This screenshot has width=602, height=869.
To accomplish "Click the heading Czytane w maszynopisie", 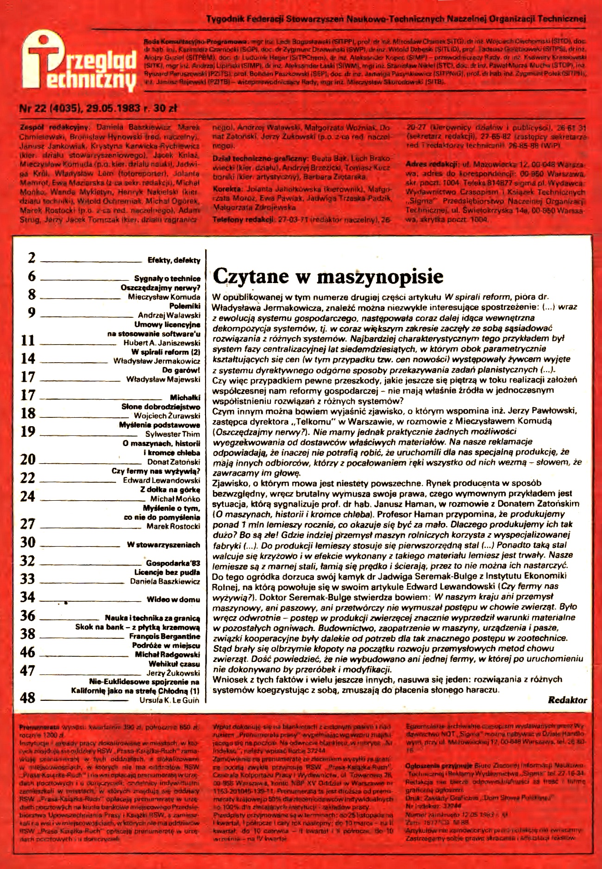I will [x=328, y=277].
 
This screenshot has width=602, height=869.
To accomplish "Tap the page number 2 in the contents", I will [x=31, y=258].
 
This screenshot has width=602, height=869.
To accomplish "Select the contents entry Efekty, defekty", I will [x=174, y=260].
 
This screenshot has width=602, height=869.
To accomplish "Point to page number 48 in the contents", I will [x=28, y=698].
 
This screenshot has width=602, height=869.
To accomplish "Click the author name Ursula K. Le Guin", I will [x=169, y=700].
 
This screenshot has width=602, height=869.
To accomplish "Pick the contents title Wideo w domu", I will [x=173, y=599].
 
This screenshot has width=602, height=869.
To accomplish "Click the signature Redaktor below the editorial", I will [x=567, y=700].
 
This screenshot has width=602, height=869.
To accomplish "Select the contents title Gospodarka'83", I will [x=173, y=563].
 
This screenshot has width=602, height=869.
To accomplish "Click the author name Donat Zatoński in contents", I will [x=174, y=462].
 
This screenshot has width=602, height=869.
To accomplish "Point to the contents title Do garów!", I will [x=181, y=370].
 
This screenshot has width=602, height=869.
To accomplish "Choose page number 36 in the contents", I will [x=28, y=616].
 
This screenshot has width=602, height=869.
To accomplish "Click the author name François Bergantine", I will [x=164, y=636].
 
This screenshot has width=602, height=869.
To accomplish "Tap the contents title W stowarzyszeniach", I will [x=163, y=545].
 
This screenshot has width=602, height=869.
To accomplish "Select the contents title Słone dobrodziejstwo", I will [x=161, y=407].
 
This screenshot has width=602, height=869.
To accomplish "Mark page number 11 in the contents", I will [x=28, y=340].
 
